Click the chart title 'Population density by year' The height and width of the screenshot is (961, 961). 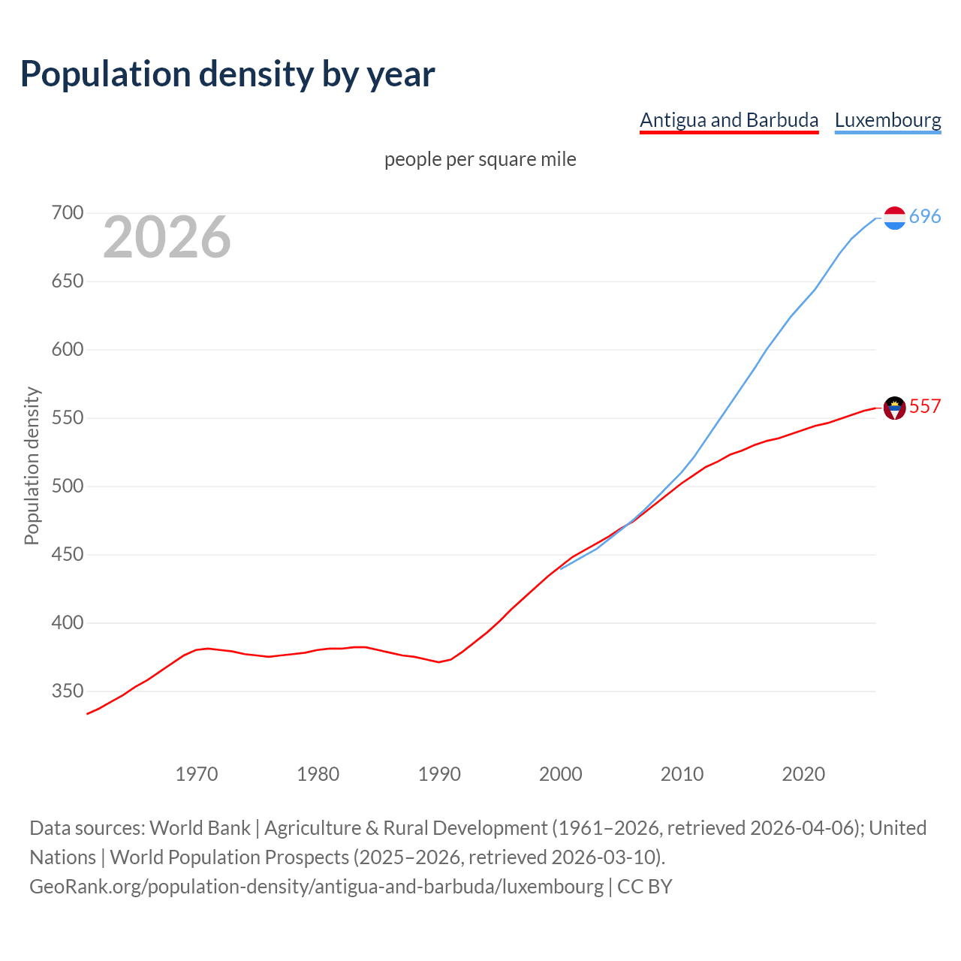(227, 74)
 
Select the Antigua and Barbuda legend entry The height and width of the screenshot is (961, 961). (728, 120)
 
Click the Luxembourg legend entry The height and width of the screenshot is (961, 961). (887, 120)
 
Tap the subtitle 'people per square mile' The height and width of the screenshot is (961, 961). (480, 159)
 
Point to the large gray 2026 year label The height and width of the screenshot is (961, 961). (167, 237)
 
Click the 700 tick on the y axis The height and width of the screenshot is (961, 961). (68, 213)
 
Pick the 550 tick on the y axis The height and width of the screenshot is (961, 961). (68, 418)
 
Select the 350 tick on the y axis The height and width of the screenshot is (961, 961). (68, 691)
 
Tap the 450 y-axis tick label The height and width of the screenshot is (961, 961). (68, 555)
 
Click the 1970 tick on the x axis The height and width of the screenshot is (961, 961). (197, 774)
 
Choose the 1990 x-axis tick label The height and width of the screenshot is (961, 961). (439, 774)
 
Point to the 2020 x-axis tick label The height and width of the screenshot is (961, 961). (803, 774)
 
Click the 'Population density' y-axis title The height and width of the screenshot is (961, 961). (32, 465)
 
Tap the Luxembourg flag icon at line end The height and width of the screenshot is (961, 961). (894, 218)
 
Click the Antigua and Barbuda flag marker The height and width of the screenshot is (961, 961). (894, 408)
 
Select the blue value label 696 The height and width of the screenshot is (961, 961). (925, 217)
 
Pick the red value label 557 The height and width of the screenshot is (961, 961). (925, 407)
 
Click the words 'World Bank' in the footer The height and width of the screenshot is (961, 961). (200, 828)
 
